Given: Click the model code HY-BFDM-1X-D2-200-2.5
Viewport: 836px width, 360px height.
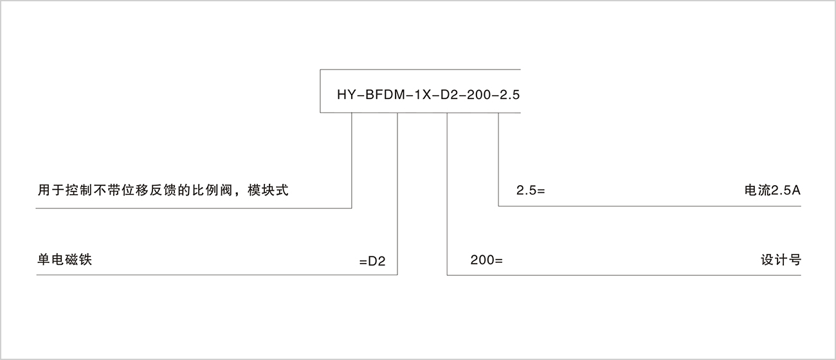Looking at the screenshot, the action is click(x=428, y=94).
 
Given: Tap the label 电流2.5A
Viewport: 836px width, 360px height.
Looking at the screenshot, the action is click(x=772, y=190).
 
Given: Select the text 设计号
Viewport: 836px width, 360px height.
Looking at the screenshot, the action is click(x=781, y=260).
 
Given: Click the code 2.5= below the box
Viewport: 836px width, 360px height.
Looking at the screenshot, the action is click(x=531, y=191).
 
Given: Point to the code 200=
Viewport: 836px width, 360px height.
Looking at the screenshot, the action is click(x=486, y=260).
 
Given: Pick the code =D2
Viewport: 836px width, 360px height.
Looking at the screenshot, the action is click(x=372, y=261).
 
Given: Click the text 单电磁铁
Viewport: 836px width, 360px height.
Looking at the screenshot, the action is click(x=64, y=260).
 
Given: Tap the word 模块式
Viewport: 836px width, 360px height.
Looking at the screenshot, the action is click(x=268, y=190).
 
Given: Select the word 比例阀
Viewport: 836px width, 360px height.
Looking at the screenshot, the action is click(x=212, y=190).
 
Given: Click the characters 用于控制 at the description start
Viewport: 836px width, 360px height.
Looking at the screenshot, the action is click(x=64, y=190).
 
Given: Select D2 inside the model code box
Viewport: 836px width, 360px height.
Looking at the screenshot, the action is click(x=450, y=94).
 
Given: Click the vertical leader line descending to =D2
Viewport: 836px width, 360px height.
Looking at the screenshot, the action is click(x=397, y=194).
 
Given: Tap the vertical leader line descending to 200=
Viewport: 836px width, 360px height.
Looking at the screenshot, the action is click(x=447, y=194).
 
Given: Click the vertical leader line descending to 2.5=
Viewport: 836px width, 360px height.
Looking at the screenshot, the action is click(x=498, y=159).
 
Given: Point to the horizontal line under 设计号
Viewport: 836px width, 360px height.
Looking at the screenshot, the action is click(x=624, y=275).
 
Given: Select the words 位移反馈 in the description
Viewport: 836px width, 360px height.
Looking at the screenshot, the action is click(x=148, y=190).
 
